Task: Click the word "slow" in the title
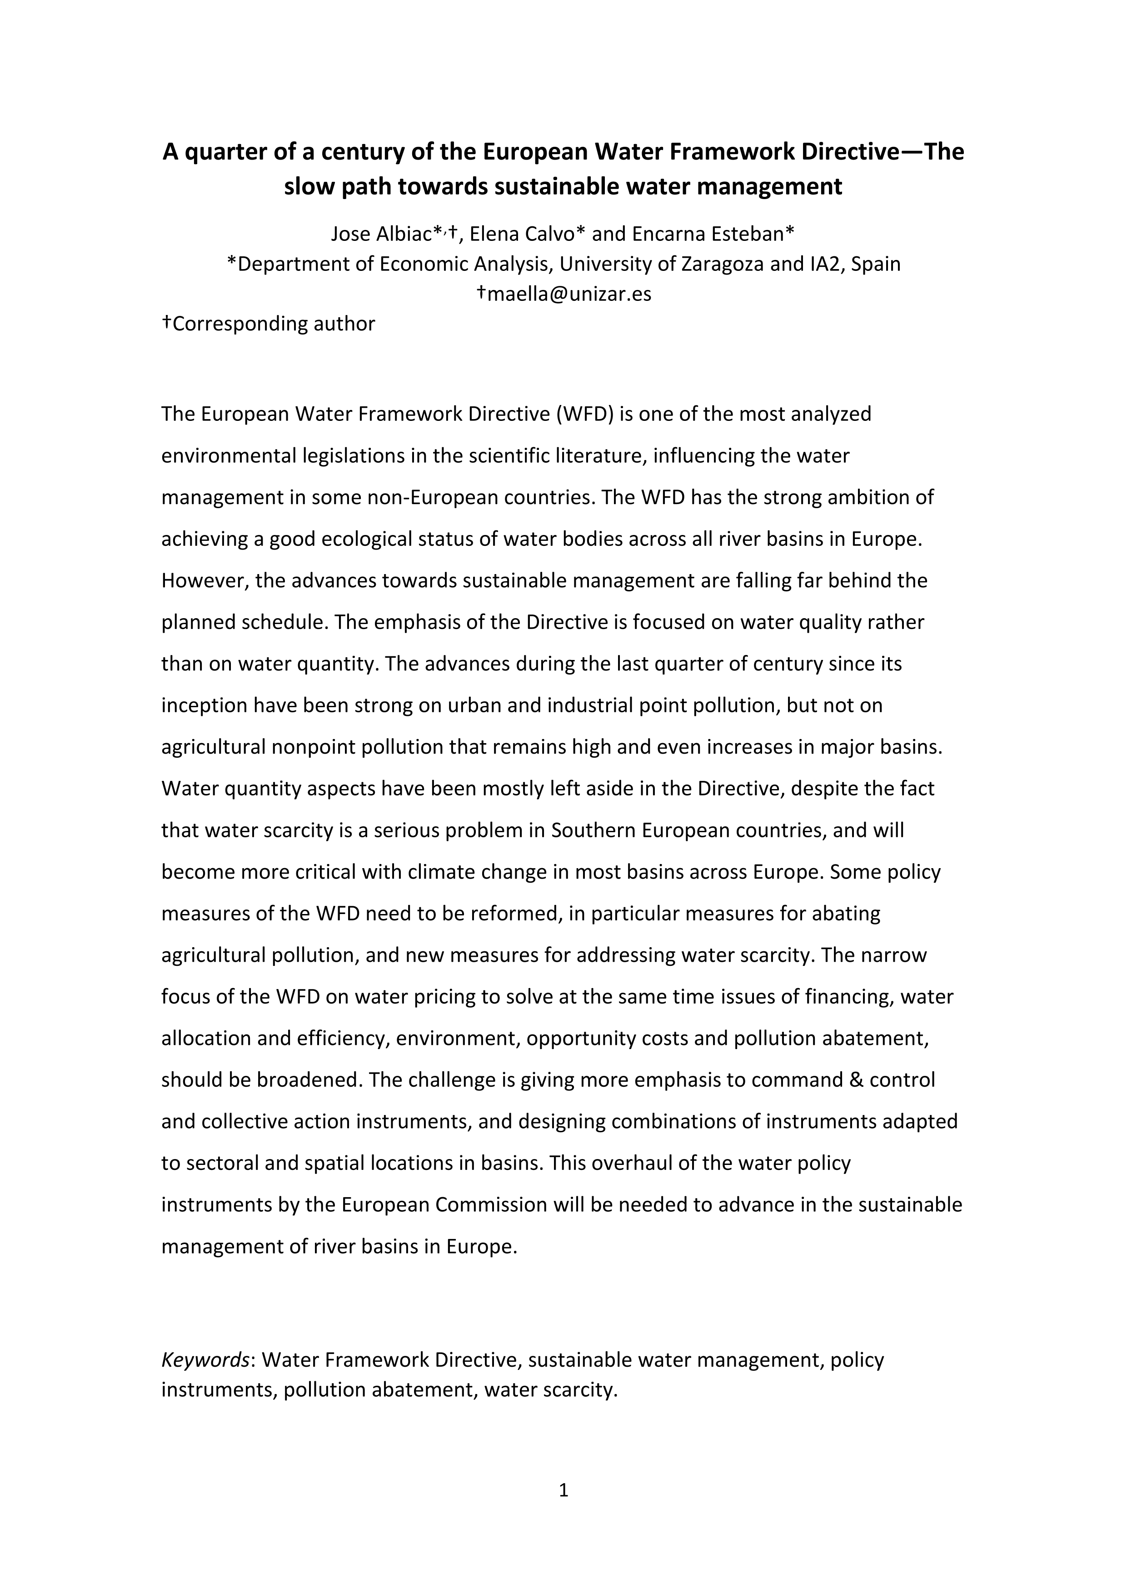[306, 187]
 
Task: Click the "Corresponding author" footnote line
[269, 324]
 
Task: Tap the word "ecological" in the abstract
[362, 539]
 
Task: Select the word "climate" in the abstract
[439, 872]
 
